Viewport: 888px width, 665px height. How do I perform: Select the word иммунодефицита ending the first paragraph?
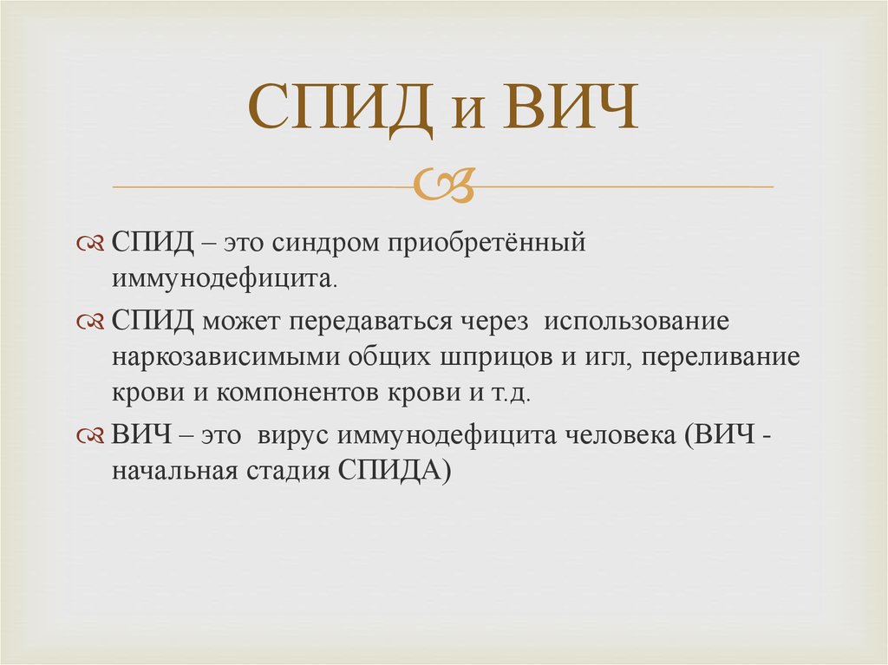tap(224, 281)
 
